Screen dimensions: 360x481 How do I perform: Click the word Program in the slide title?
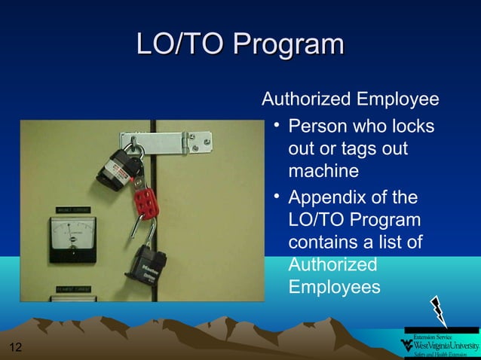(288, 44)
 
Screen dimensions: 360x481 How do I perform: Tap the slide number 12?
(14, 347)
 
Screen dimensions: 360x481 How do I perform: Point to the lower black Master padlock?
(151, 267)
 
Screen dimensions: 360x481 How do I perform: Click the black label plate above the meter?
(72, 210)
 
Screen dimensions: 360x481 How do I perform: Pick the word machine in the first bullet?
(323, 172)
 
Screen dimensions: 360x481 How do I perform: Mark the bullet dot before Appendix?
(277, 198)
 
